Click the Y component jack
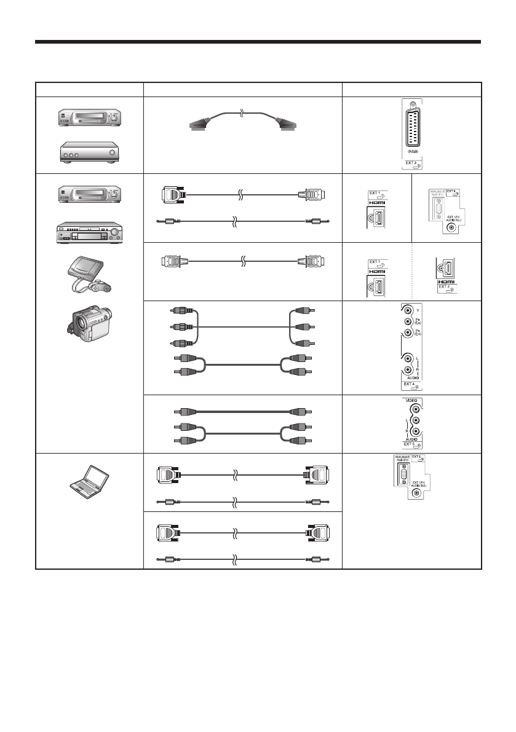tap(407, 312)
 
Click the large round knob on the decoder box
tap(113, 152)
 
